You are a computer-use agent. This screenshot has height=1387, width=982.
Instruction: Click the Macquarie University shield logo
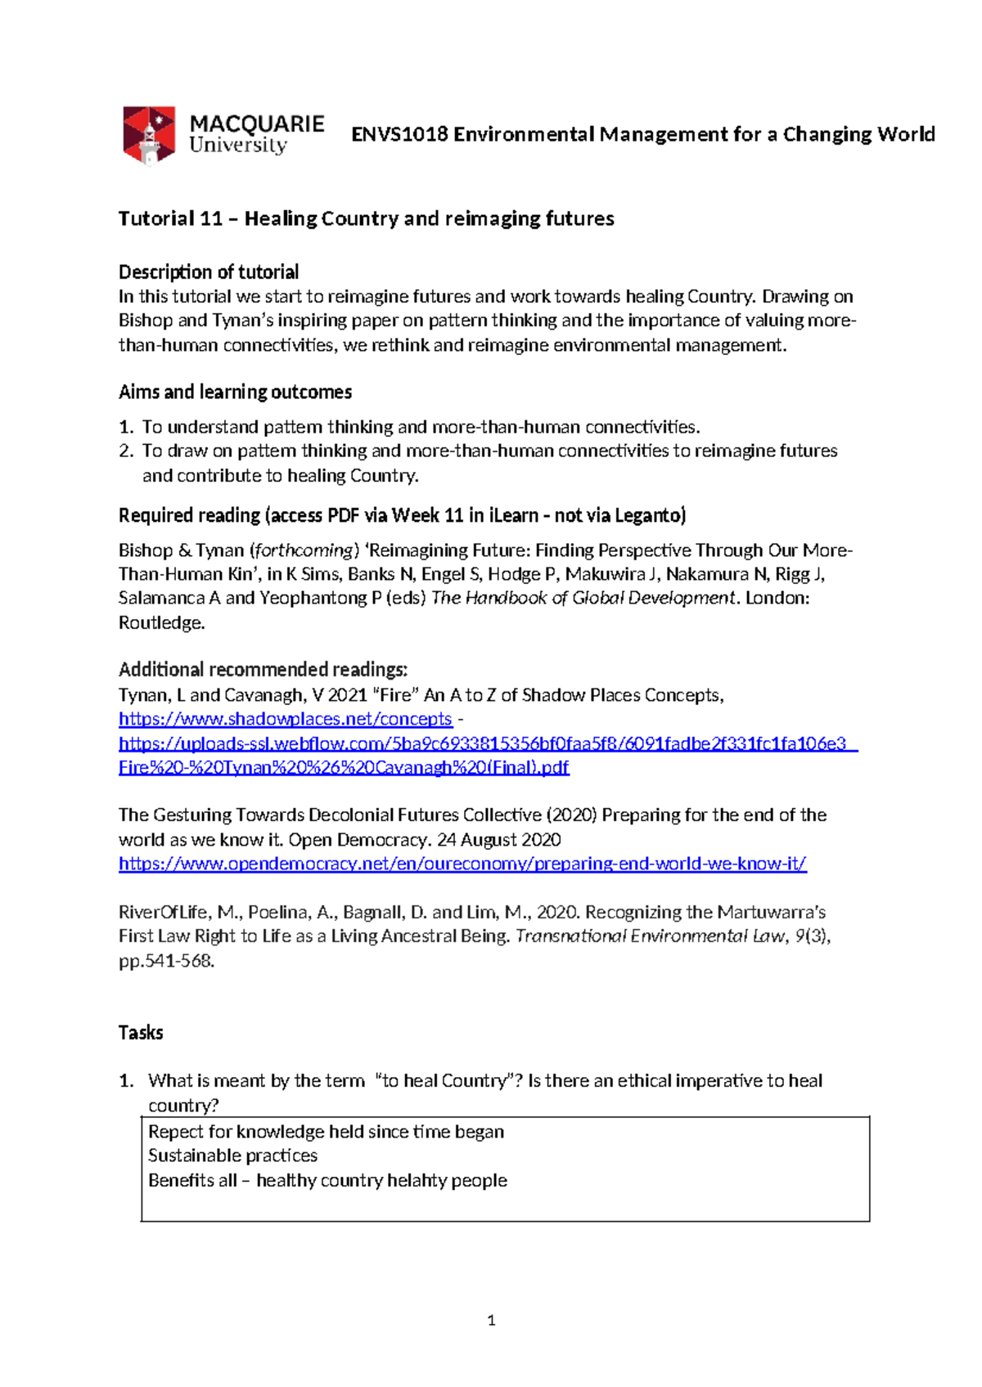[149, 134]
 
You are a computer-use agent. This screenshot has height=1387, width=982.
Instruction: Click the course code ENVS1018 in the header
[399, 134]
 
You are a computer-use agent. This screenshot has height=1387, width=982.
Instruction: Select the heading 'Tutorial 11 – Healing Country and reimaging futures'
[366, 218]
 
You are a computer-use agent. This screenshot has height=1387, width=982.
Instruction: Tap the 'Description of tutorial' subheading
[209, 272]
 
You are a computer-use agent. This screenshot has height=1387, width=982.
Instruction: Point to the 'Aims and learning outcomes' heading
[235, 392]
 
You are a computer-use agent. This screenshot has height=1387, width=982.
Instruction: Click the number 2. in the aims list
[126, 451]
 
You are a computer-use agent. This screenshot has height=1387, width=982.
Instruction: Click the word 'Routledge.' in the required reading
[161, 622]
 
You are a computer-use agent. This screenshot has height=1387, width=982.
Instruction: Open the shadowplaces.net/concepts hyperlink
[285, 719]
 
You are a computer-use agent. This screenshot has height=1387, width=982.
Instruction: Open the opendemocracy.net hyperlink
[462, 864]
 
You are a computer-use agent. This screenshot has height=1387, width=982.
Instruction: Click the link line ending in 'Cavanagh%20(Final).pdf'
[344, 767]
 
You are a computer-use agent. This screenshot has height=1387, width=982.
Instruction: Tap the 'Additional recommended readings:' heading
[263, 669]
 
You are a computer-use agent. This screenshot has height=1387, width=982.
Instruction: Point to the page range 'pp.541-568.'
[166, 961]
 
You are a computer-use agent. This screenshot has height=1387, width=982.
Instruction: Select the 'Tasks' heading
[141, 1032]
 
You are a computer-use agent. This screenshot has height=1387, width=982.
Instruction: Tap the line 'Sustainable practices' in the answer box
[232, 1156]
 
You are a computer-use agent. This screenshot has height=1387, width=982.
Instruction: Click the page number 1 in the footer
[491, 1320]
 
